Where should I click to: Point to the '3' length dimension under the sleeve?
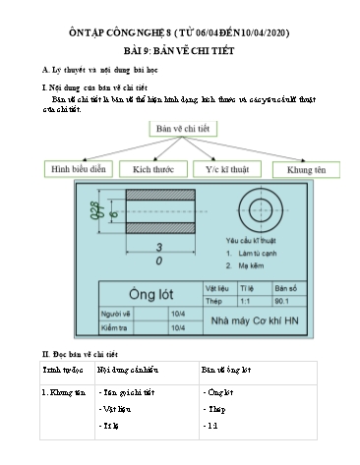[x=158, y=246]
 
